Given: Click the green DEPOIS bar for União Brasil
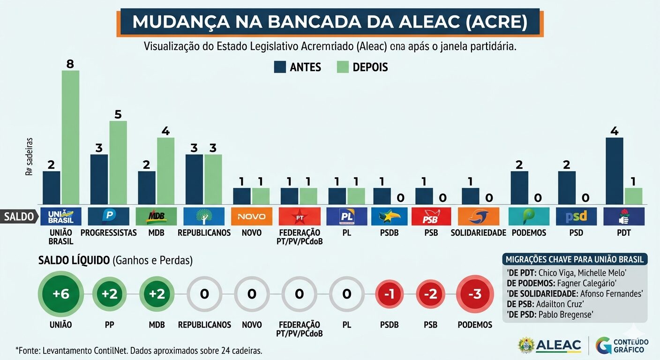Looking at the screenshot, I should click(x=70, y=137).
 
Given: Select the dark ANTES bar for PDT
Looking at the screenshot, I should click(x=614, y=171).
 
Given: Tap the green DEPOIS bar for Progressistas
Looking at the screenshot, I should click(x=118, y=162).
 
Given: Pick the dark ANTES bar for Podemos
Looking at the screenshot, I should click(x=519, y=187).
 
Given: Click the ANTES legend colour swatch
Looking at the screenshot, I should click(x=280, y=67).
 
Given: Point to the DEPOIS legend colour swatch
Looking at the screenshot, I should click(x=343, y=67).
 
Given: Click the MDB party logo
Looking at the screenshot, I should click(x=156, y=216).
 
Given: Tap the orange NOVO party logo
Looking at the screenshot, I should click(x=251, y=216).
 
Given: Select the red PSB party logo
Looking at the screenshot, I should click(x=431, y=216).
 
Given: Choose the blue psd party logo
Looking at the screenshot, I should click(x=576, y=216).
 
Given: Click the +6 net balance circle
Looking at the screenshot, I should click(x=61, y=294).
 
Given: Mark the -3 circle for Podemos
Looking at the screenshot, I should click(x=475, y=294).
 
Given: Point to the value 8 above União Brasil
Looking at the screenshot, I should click(x=70, y=64).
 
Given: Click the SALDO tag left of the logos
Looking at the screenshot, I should click(x=19, y=217).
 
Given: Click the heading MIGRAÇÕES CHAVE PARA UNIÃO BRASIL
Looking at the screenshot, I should click(x=574, y=259).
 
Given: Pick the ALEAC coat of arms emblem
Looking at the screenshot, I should click(x=526, y=345).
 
